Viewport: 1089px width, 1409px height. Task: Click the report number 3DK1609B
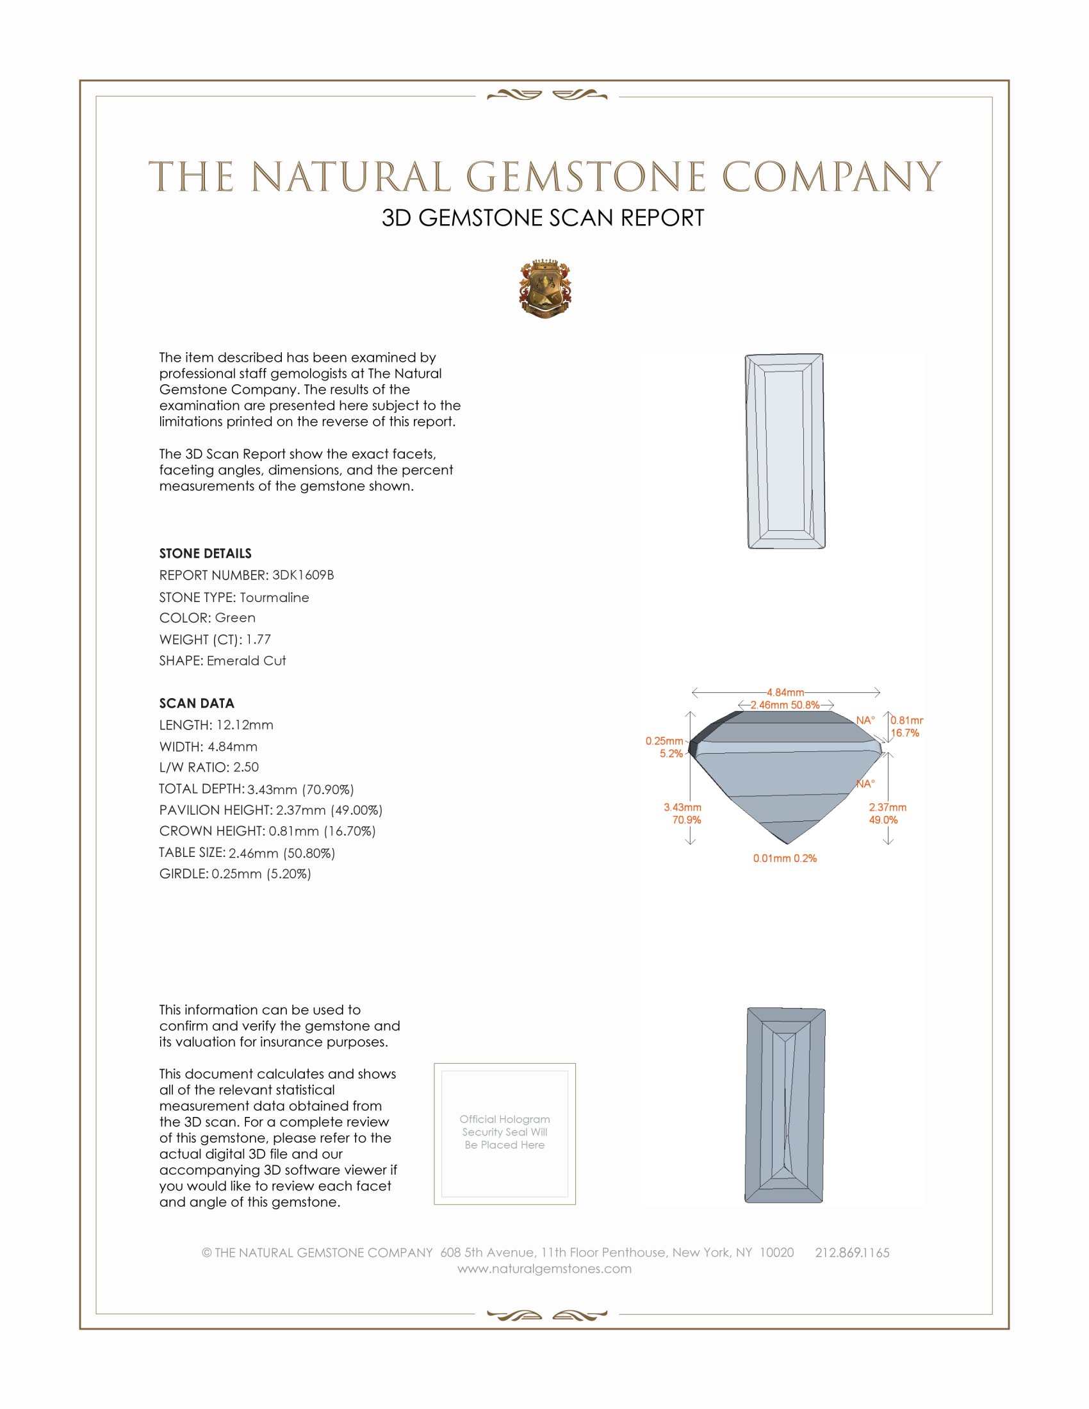[302, 575]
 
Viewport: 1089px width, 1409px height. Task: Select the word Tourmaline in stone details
[274, 598]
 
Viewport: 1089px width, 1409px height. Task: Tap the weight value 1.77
[258, 639]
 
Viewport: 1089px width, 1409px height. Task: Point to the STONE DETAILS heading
[205, 553]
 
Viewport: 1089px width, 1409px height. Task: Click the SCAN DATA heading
[197, 703]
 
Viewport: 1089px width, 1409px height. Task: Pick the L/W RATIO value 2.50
[246, 767]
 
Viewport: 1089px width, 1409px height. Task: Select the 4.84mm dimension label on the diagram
[785, 692]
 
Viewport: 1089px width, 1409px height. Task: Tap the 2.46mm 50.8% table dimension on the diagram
[785, 704]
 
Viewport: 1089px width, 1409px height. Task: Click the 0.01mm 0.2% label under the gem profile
[785, 858]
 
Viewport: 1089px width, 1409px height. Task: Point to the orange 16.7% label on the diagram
[905, 733]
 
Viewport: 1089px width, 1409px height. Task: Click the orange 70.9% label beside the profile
[687, 820]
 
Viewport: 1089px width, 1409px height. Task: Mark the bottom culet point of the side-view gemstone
[787, 843]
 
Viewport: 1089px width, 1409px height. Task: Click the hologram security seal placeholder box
[505, 1134]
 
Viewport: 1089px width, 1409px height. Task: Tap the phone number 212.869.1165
[851, 1252]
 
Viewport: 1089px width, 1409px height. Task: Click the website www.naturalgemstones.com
[544, 1268]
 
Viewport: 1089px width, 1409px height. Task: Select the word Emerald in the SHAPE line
[228, 661]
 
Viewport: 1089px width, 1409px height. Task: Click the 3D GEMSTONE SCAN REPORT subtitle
[543, 218]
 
